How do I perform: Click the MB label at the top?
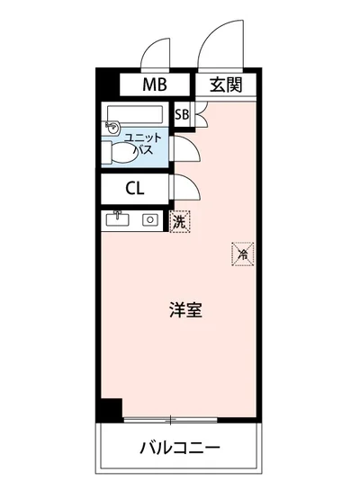point(154,85)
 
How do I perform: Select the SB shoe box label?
point(181,115)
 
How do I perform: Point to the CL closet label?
point(134,188)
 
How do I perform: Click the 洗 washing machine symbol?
point(179,219)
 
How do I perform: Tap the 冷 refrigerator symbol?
point(241,254)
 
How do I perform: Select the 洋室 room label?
point(184,311)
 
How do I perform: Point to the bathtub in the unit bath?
point(135,114)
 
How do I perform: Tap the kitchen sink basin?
point(118,218)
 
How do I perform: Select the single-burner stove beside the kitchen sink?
point(149,218)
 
